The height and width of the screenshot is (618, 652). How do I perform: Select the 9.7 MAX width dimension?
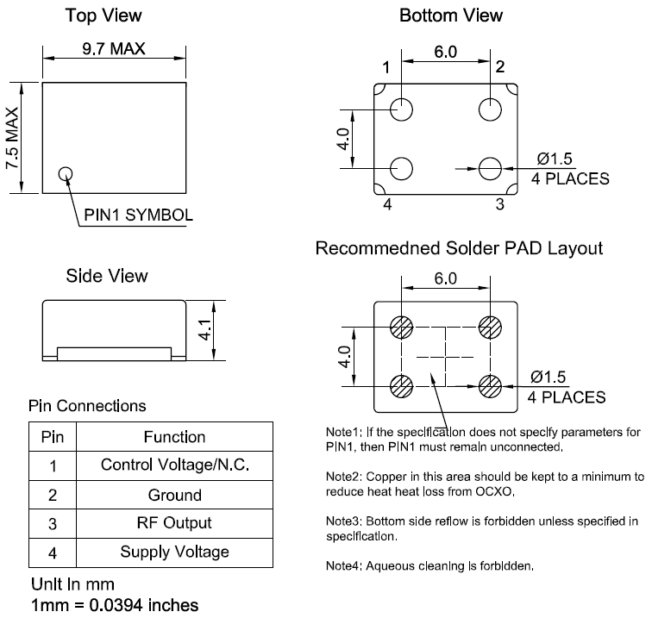coord(114,49)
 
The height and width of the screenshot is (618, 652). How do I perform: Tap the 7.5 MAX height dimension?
coord(12,138)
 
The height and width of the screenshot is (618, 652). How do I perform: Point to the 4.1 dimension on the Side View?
coord(205,330)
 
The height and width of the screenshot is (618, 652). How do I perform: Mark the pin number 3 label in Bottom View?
coord(500,204)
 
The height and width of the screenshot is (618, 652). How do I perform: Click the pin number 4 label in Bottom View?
coord(387,204)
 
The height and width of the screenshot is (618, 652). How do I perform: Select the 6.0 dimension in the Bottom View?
coord(445,52)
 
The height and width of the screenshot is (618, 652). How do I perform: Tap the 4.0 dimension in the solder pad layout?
coord(345,357)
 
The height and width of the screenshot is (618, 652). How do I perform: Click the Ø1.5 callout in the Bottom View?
coord(555,159)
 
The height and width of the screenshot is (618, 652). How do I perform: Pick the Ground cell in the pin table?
coord(174,495)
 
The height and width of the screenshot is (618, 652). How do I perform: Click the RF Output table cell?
coord(174,523)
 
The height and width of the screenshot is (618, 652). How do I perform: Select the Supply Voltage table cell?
coord(174,552)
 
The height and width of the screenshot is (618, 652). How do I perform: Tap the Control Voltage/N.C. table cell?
coord(174,465)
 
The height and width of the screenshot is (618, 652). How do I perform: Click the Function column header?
coord(174,437)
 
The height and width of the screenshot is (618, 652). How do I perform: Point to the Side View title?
coord(107,276)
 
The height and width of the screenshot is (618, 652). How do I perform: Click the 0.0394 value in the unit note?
coord(116,605)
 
